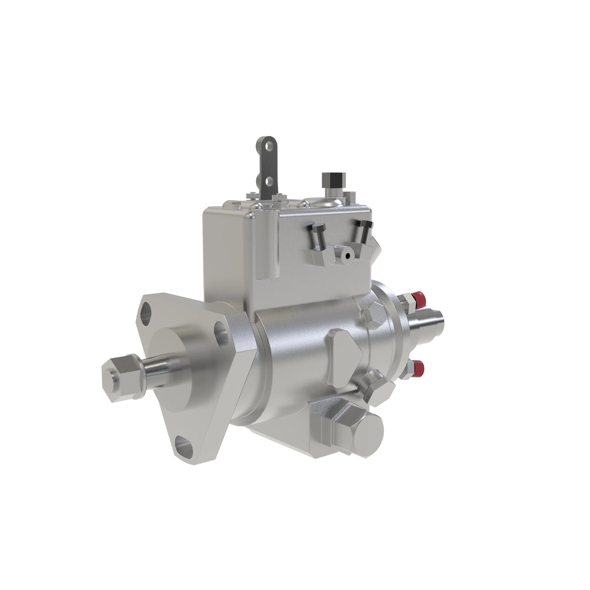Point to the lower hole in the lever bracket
pyautogui.click(x=268, y=182)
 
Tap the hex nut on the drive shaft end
pyautogui.click(x=121, y=378)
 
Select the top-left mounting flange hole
pyautogui.click(x=146, y=310)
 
